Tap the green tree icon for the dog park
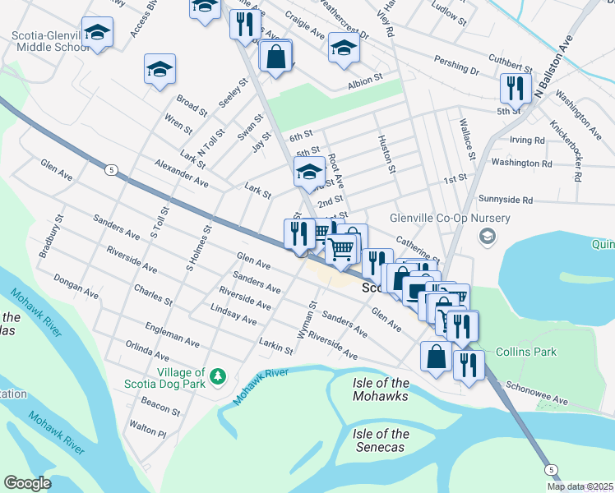217,376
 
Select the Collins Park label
525,352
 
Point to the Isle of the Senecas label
381,440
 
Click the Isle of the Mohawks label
380,390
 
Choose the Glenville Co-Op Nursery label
461,218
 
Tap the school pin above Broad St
160,69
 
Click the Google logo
27,483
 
